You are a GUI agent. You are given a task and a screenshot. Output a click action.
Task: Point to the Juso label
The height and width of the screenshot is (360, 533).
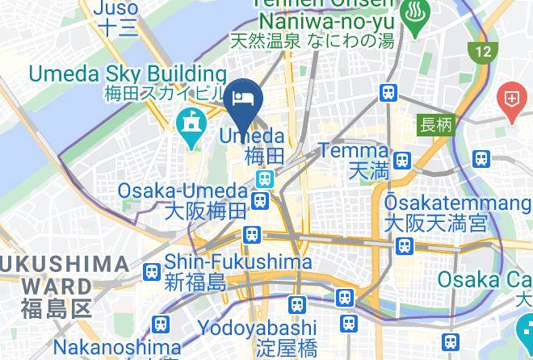click(116, 9)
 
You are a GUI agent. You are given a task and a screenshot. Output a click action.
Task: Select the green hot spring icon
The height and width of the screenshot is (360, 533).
click(418, 22)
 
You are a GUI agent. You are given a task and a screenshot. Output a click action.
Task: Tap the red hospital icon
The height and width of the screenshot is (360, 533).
click(513, 100)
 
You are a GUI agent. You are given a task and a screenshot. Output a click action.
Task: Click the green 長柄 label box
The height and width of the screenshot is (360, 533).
click(435, 125)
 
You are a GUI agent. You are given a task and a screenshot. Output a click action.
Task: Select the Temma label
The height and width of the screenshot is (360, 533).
click(354, 150)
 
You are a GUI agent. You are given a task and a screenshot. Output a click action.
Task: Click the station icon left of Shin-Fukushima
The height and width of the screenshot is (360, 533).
click(150, 272)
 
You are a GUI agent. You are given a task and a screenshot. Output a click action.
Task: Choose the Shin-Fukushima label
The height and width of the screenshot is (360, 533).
click(238, 262)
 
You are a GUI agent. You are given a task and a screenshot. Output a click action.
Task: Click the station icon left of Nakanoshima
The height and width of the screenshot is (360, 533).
click(160, 324)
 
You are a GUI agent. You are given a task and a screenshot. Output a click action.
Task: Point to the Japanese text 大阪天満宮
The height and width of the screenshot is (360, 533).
click(435, 222)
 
